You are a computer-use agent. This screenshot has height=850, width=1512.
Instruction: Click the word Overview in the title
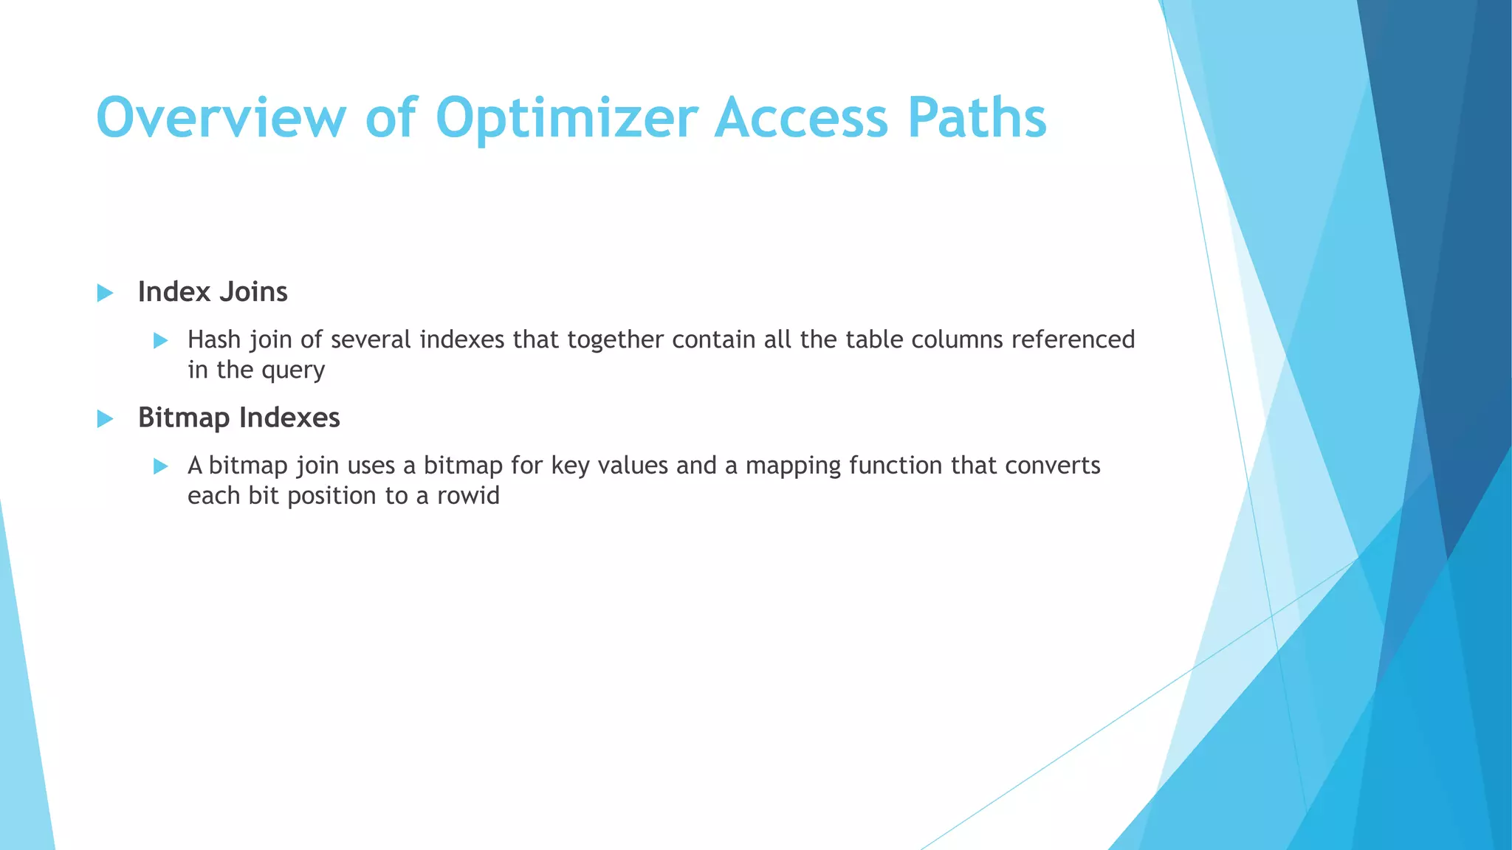pos(221,117)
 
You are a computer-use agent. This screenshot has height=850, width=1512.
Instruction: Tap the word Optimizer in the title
pos(566,117)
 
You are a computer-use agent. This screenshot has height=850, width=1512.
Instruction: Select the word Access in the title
pos(801,117)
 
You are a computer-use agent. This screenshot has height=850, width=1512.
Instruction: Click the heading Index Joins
pos(213,292)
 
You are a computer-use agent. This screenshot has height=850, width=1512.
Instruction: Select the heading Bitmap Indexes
pos(238,418)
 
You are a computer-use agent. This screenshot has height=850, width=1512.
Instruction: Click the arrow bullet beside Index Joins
pos(105,293)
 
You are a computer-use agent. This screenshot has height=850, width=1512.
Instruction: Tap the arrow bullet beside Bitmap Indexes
pos(105,419)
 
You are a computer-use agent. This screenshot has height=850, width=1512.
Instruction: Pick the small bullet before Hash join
pos(160,340)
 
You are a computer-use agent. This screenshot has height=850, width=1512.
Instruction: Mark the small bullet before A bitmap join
pos(160,466)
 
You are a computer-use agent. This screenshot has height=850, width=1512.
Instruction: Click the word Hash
pos(214,339)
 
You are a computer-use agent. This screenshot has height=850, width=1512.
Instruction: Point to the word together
pos(615,341)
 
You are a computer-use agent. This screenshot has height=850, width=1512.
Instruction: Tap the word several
pos(371,339)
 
